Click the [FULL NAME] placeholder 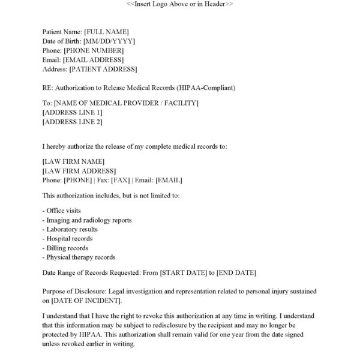tap(107, 31)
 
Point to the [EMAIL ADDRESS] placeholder tap(93, 59)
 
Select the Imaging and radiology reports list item tap(88, 220)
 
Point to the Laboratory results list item tap(70, 229)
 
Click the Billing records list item tap(66, 248)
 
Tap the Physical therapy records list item tap(79, 257)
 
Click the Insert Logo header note tap(180, 4)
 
